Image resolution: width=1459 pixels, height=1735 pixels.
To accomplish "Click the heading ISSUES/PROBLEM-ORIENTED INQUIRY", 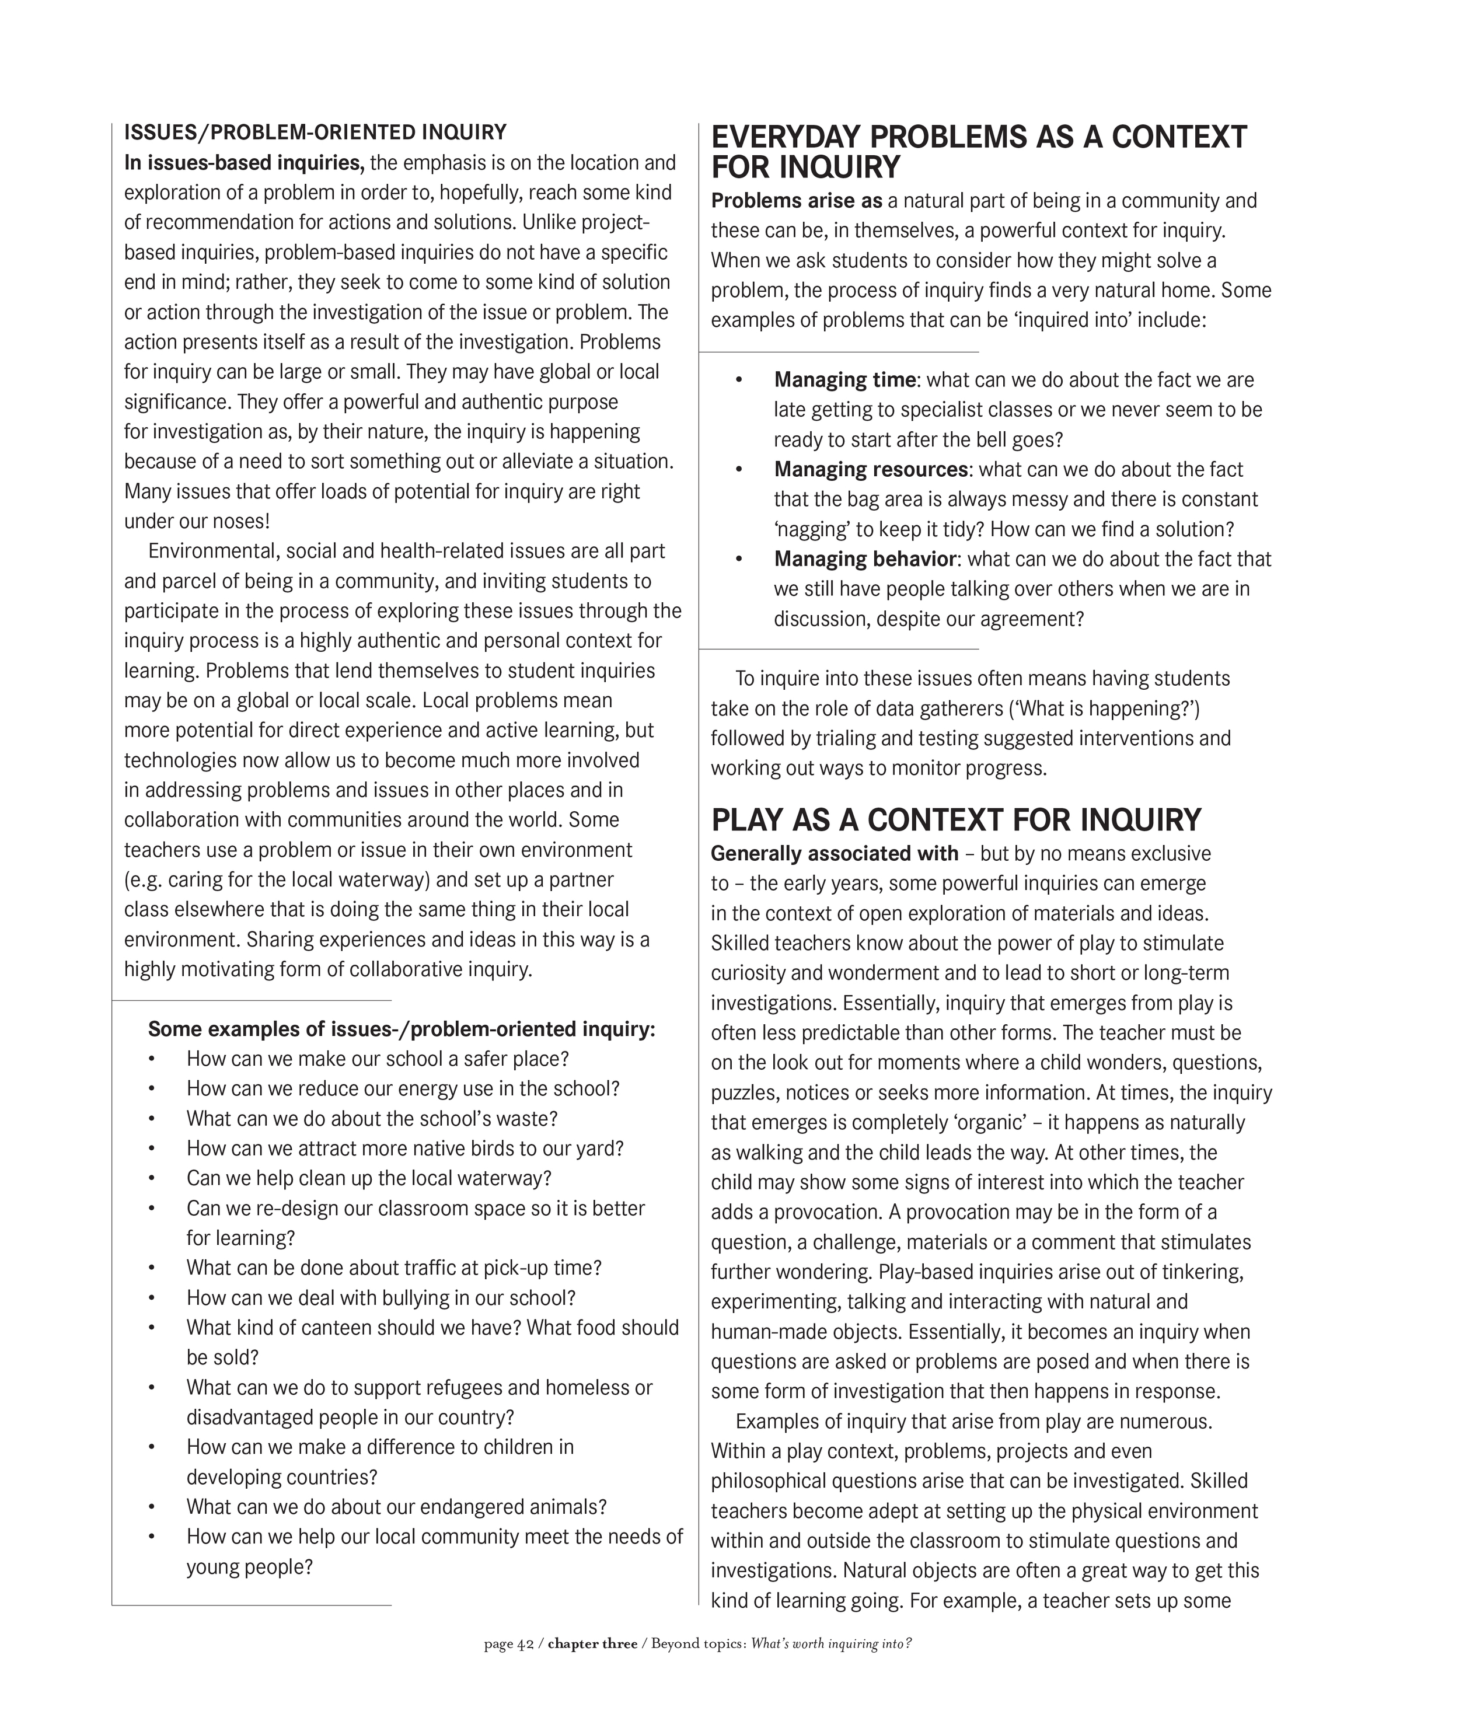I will pos(315,132).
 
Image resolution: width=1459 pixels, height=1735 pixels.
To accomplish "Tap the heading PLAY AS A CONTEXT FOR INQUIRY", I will pos(955,819).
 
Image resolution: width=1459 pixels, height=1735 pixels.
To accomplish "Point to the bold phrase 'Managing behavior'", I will pos(865,559).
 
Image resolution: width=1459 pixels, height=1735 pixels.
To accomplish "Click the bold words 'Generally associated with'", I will pos(835,853).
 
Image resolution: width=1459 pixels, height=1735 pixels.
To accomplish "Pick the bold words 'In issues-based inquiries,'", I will pos(244,163).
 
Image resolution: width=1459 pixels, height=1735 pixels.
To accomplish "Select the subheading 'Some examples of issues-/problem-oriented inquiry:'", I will pos(401,1029).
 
